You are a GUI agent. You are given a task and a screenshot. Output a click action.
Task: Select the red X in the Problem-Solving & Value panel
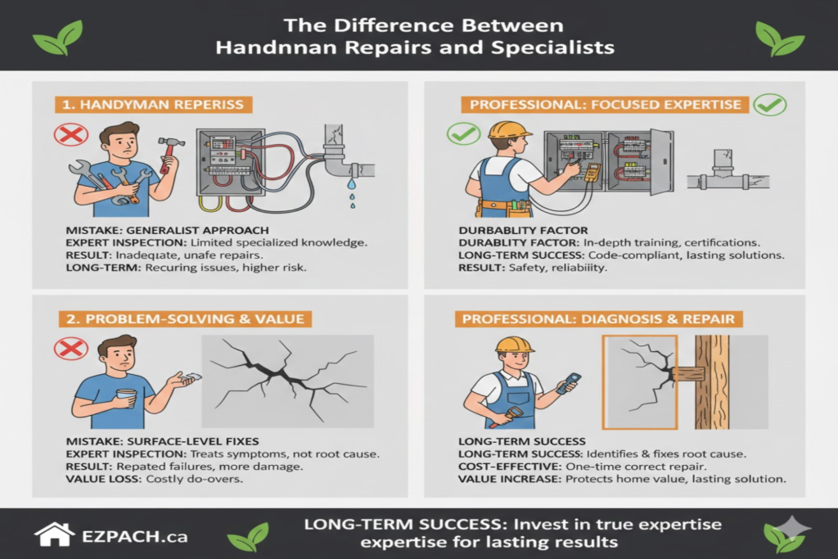[x=70, y=349]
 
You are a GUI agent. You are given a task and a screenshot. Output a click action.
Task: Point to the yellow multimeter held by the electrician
[x=590, y=172]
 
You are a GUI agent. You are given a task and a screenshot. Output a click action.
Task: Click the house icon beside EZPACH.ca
[x=53, y=534]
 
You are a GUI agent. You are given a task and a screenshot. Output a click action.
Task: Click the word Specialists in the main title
[x=547, y=47]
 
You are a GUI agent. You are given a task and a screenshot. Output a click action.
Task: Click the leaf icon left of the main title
[x=57, y=38]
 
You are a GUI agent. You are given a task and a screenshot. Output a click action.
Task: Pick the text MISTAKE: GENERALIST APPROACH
[x=166, y=230]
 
